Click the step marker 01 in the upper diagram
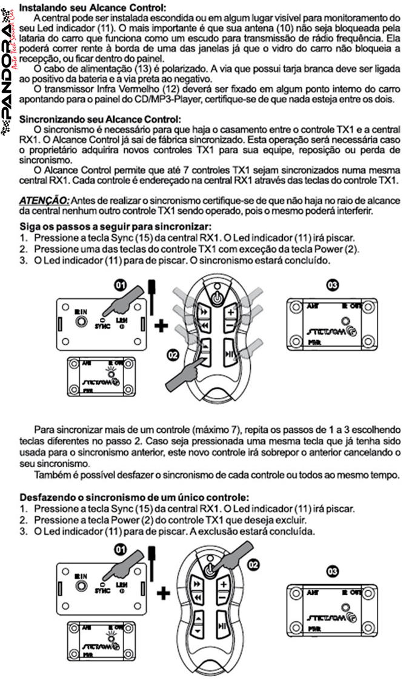click(x=122, y=284)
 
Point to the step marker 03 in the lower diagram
click(x=333, y=570)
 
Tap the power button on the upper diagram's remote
click(x=216, y=296)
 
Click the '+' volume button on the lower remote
click(x=222, y=584)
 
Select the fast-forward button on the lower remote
click(x=197, y=583)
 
